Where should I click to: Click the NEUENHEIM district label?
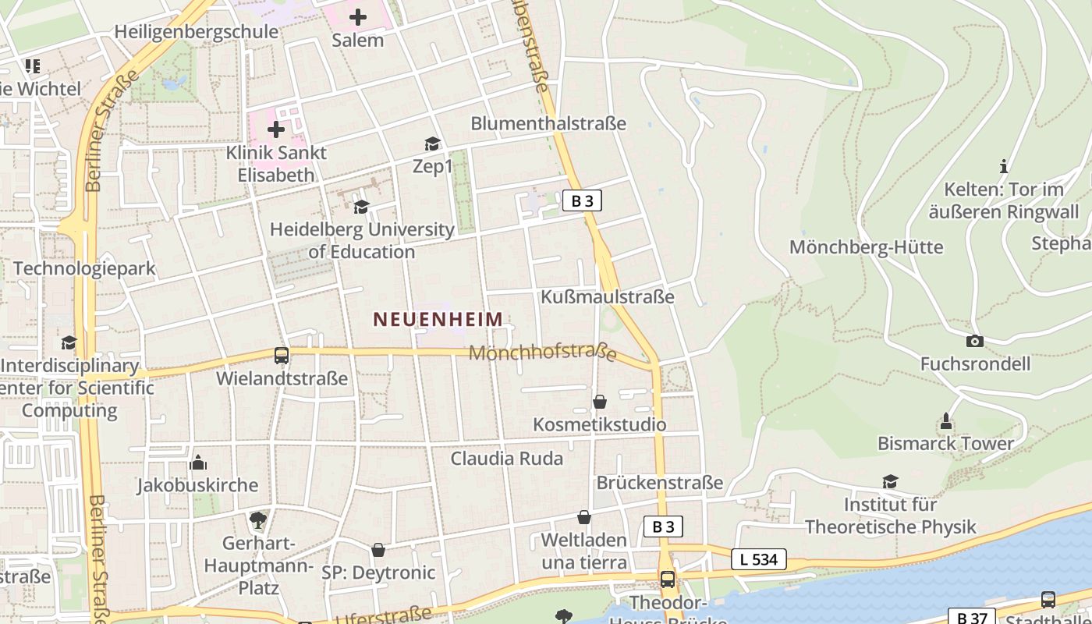pos(438,319)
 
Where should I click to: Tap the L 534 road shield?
pos(759,558)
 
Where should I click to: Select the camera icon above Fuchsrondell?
pos(974,341)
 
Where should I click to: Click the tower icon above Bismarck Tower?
pos(946,421)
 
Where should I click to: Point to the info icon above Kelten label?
pos(1004,166)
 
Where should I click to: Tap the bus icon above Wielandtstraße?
pos(282,356)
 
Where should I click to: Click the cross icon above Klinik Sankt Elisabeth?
pos(276,129)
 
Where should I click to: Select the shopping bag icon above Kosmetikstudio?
pos(600,402)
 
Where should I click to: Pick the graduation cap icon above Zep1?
pos(432,144)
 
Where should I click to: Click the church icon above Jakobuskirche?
pos(198,463)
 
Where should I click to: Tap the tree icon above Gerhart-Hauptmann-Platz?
pos(258,519)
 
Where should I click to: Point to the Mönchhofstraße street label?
pos(543,353)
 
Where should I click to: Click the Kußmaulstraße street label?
pos(608,297)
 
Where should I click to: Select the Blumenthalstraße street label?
pos(548,123)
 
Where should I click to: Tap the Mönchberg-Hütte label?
pos(867,247)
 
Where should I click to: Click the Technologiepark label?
pos(84,268)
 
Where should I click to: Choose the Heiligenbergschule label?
pos(196,32)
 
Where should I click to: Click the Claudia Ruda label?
pos(506,458)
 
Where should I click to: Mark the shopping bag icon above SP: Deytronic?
pos(378,550)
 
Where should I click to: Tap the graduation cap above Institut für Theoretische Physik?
pos(890,481)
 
